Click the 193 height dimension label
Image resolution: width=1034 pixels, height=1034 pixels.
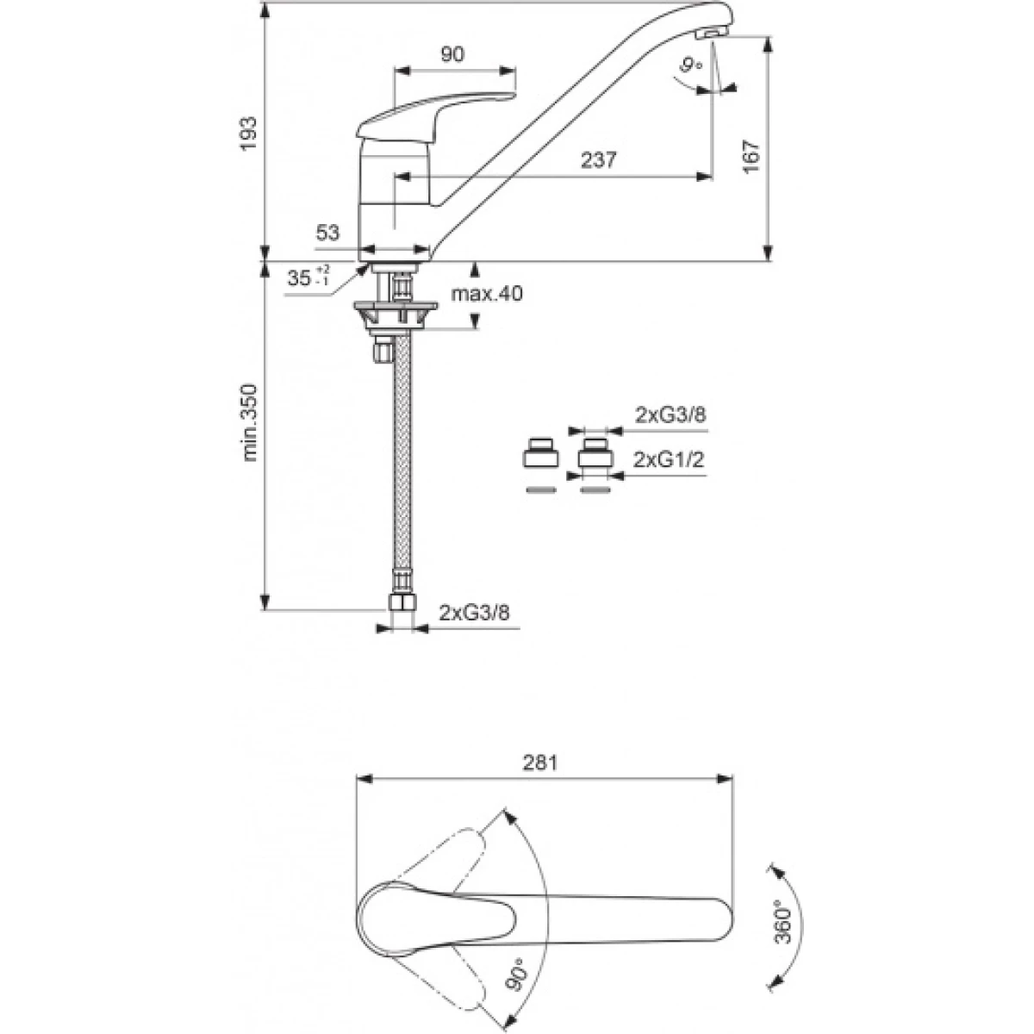point(249,134)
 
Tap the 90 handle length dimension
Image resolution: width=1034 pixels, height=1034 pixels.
point(452,54)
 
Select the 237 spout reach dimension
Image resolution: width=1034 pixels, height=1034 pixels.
point(599,159)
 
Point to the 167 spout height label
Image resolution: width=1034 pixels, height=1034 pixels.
point(751,156)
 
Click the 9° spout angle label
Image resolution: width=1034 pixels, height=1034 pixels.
point(690,66)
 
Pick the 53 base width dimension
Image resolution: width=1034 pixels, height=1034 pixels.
point(327,233)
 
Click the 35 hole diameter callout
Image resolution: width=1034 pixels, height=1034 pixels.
point(308,277)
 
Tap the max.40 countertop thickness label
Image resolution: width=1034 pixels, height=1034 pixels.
point(487,294)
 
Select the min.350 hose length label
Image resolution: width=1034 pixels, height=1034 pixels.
point(250,422)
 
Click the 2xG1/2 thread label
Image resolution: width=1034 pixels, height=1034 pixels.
point(668,460)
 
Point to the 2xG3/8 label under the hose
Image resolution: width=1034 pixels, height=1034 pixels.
point(474,613)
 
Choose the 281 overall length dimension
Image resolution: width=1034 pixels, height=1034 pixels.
point(540,763)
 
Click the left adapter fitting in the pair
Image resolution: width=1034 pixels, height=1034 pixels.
point(540,452)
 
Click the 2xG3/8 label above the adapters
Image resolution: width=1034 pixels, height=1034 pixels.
point(670,414)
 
